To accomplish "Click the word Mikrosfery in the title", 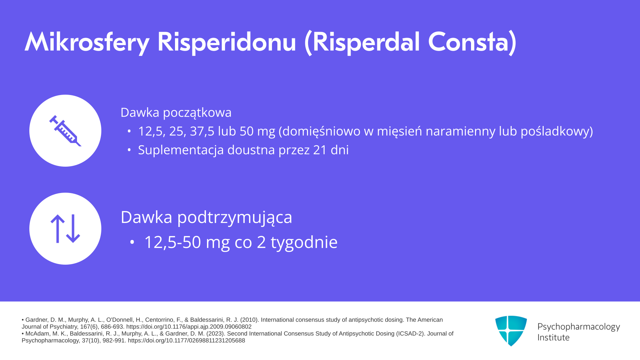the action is pos(87,42).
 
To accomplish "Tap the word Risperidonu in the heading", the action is pos(227,42).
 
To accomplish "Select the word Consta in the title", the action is pos(468,42).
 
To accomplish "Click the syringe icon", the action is pos(65,131).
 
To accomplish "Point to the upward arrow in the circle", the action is pos(58,229).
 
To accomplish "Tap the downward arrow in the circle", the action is pos(73,229).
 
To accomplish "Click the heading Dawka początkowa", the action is pos(176,113).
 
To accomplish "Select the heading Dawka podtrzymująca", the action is pos(206,217).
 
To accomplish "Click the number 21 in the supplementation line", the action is pos(320,150).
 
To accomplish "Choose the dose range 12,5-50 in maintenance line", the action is pos(172,242).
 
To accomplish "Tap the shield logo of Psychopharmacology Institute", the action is pos(511,331).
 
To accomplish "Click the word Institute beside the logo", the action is pos(553,337).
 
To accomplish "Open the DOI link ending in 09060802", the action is pos(189,327).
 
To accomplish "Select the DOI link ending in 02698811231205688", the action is pos(186,341).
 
